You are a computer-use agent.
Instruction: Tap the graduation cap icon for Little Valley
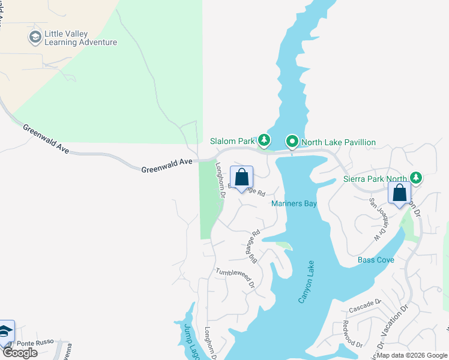tap(35, 37)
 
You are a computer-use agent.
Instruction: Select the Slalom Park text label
tap(232, 142)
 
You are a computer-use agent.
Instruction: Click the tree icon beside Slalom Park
tap(264, 141)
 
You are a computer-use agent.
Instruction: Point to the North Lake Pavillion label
tap(338, 142)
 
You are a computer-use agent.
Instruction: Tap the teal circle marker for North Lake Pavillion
tap(292, 142)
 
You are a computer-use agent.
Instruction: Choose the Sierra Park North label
tap(375, 178)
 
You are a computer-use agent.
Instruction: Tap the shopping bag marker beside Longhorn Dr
tap(241, 178)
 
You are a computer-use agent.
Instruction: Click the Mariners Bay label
tap(294, 204)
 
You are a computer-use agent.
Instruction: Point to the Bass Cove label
tap(376, 260)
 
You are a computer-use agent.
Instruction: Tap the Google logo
tap(20, 353)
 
